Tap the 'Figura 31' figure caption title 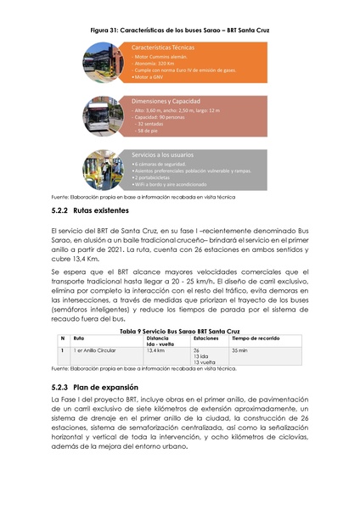[180, 30]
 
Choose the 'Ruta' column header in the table [79, 338]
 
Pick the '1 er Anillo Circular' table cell [95, 350]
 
